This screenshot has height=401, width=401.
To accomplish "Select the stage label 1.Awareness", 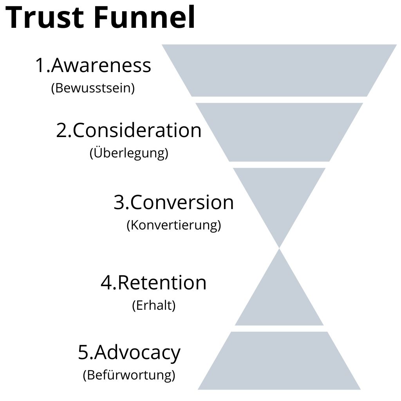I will pos(93,65).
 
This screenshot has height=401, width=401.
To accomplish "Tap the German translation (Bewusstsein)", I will pos(93,88).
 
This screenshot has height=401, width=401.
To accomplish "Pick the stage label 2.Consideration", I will pos(129,130).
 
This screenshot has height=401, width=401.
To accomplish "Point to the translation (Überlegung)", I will pos(129,153).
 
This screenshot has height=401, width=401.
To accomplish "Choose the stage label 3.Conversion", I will pos(173,202).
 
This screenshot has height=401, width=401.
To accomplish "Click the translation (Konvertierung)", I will pos(173,225).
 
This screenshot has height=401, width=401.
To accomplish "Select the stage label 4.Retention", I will pos(154,282).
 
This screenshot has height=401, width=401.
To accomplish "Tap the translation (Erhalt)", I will pos(154,305).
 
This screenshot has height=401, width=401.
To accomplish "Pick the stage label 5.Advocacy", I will pos(129,353).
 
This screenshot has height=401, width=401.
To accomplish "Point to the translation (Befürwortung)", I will pos(129,375).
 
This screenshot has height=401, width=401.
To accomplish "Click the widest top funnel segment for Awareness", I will pos(279,70).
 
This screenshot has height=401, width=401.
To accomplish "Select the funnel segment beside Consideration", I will pos(279,132).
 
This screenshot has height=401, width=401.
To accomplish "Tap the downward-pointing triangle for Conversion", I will pos(279,196).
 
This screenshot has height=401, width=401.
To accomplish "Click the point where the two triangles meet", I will pos(279,248).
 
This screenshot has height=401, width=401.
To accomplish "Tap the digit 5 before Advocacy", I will pos(84,353).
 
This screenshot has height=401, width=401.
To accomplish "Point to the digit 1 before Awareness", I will pos(40,65).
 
